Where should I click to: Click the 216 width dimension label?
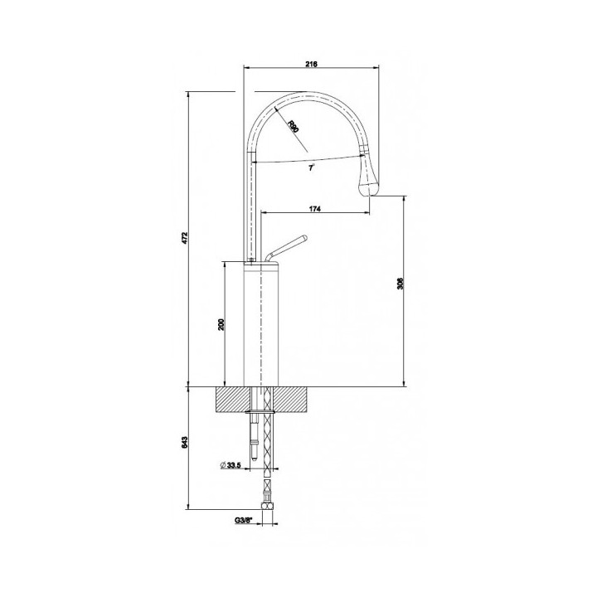(312, 64)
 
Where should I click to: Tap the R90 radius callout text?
(294, 126)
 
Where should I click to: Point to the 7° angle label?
(309, 167)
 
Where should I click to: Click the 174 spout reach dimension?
(315, 208)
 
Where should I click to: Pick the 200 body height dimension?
(221, 323)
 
